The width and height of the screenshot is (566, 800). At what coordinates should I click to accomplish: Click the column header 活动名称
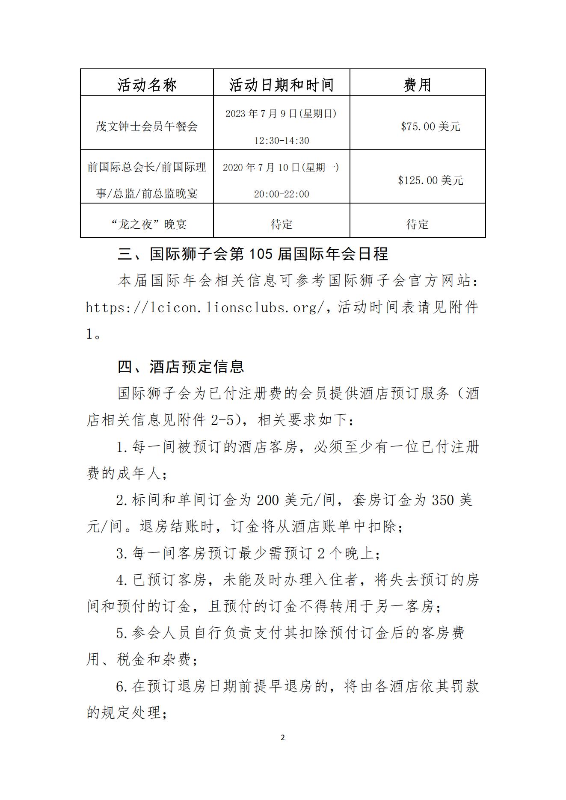coord(147,85)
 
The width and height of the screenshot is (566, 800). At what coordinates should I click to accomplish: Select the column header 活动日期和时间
coord(281,85)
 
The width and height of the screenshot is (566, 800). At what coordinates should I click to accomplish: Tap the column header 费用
coord(417,85)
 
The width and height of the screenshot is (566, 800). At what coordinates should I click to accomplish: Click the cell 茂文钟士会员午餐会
coord(147,127)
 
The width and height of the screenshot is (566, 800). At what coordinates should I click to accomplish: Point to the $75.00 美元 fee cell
coord(430,127)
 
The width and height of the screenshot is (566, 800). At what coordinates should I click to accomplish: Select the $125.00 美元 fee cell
coord(430,180)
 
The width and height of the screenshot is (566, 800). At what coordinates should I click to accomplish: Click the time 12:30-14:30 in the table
coord(282,141)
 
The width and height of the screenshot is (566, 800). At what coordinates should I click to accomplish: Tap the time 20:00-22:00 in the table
coord(282,194)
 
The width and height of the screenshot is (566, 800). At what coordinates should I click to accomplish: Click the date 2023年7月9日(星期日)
coord(281,114)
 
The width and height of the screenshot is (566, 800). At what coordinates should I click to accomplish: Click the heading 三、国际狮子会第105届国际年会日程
coord(253,254)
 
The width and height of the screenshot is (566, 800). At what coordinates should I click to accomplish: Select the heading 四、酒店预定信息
coord(181,366)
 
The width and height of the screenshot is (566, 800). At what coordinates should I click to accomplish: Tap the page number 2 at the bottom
coord(282,738)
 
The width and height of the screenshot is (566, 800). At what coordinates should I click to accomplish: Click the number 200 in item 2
coord(268,500)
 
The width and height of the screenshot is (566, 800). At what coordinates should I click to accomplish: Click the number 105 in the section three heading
coord(261,254)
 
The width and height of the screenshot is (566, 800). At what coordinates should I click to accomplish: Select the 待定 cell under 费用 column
coord(417,224)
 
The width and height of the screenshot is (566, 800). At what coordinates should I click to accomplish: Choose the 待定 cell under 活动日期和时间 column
coord(282,224)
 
